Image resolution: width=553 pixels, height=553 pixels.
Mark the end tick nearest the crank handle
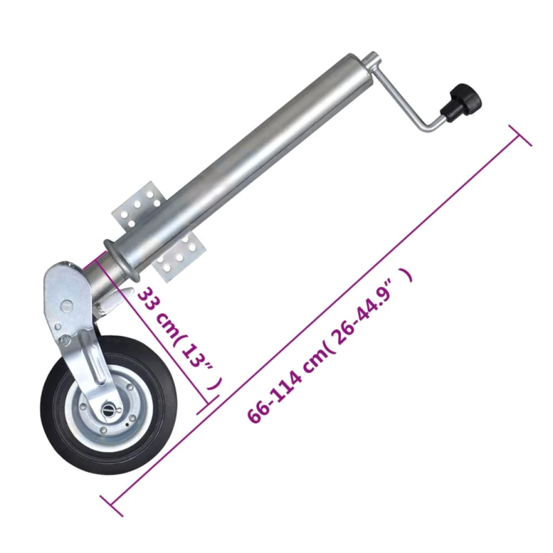coord(520,135)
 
